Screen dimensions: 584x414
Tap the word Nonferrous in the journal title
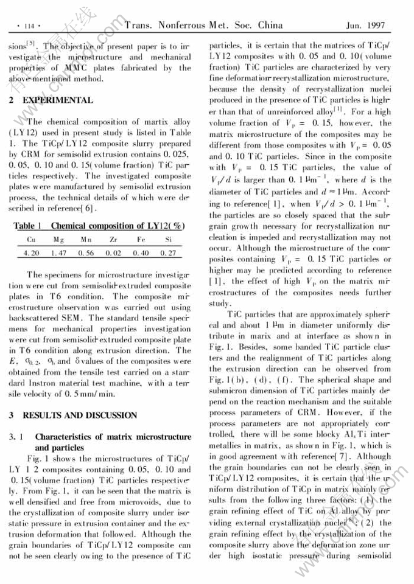(x=181, y=26)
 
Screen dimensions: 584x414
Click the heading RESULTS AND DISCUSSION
(x=80, y=415)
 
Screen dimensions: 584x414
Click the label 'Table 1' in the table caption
(x=27, y=226)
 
